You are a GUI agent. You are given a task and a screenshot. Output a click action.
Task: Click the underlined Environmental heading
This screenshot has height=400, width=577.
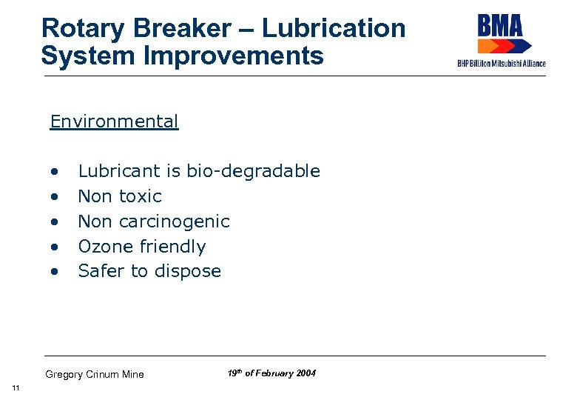point(114,121)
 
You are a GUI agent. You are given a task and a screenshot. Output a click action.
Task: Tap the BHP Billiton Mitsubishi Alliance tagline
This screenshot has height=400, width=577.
point(501,64)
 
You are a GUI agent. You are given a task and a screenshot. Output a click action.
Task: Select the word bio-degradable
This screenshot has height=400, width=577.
point(253,171)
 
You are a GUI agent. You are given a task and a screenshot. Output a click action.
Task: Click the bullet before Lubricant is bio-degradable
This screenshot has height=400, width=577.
point(54,172)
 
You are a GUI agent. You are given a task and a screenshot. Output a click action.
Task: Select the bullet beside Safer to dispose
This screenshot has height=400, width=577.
point(54,272)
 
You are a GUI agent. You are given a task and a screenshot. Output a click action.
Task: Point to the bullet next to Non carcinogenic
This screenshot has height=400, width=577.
point(54,222)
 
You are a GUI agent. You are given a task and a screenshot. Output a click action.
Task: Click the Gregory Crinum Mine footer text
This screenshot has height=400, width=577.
point(95,374)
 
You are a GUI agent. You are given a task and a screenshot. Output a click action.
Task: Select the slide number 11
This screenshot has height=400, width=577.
point(16,389)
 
